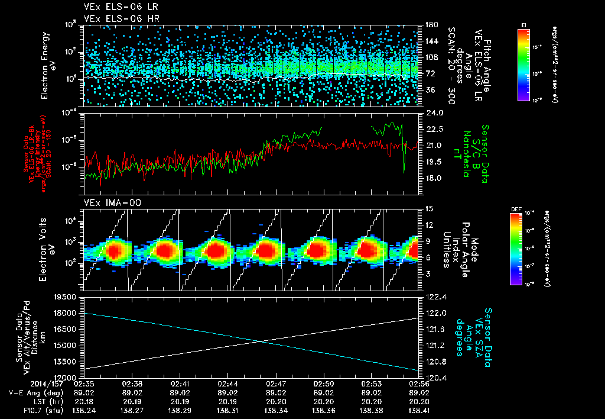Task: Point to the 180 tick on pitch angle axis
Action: tap(429, 25)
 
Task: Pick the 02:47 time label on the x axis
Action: tap(276, 383)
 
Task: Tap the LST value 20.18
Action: tap(84, 401)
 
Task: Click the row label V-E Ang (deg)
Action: tap(33, 392)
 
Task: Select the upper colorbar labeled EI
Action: tap(523, 62)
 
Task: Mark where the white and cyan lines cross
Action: tap(261, 341)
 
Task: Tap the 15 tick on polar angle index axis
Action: tap(428, 209)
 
